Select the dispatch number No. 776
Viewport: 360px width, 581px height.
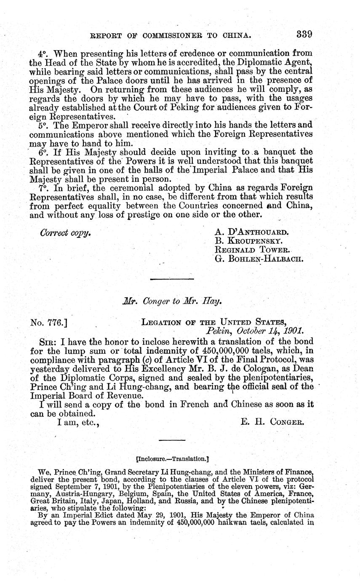point(47,323)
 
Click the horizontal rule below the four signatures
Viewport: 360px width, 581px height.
point(172,279)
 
